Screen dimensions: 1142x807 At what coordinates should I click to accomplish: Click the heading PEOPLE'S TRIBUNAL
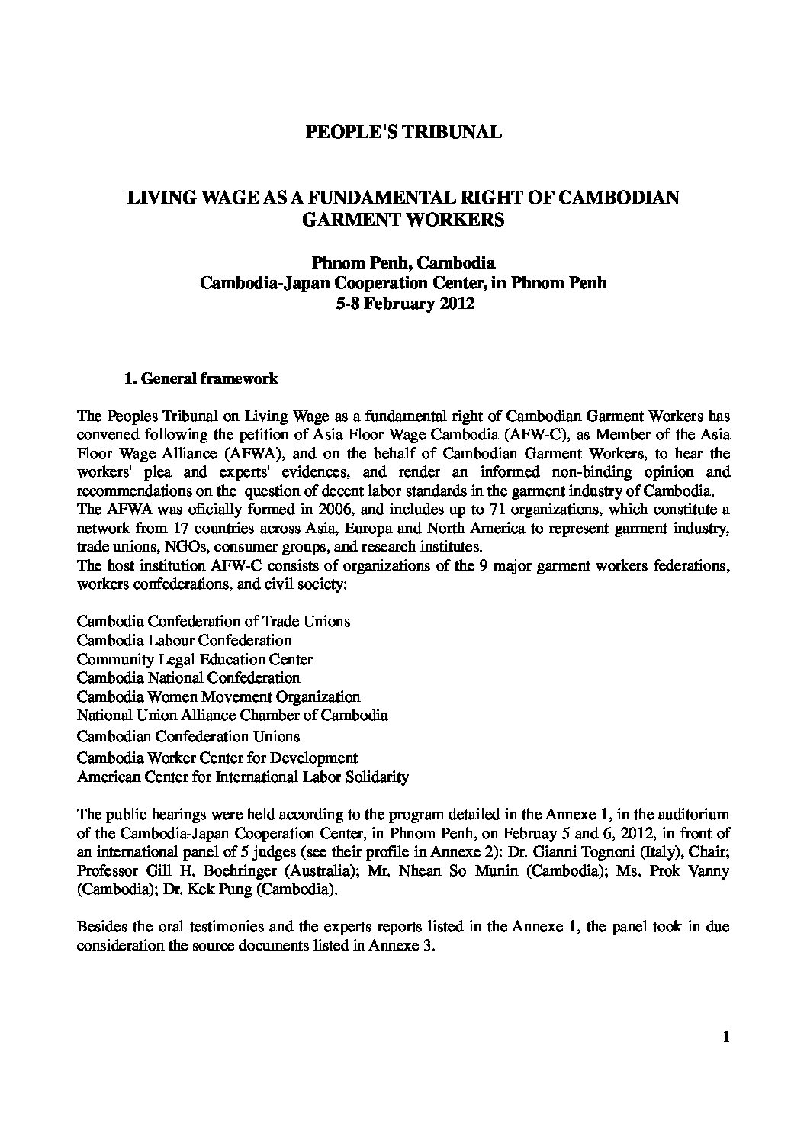(x=403, y=133)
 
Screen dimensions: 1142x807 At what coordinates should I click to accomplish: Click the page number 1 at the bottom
(x=725, y=1037)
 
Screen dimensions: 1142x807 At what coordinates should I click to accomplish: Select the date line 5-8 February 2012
(x=403, y=303)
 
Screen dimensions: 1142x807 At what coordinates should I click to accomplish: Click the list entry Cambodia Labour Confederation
(x=185, y=640)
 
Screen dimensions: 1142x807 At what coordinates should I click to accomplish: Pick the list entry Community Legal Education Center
(x=195, y=659)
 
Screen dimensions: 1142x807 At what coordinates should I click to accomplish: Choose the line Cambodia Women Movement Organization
(x=218, y=696)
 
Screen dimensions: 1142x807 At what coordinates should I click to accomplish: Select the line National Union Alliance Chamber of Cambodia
(x=232, y=716)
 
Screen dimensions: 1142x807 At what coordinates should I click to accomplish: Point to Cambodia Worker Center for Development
(x=217, y=758)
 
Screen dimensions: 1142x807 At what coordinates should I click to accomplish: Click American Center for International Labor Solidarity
(x=243, y=777)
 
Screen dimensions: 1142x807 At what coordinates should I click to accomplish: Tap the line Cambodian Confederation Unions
(x=188, y=736)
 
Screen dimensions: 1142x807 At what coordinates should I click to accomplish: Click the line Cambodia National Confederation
(x=188, y=677)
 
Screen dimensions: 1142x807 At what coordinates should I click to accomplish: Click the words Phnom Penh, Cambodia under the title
(x=403, y=265)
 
